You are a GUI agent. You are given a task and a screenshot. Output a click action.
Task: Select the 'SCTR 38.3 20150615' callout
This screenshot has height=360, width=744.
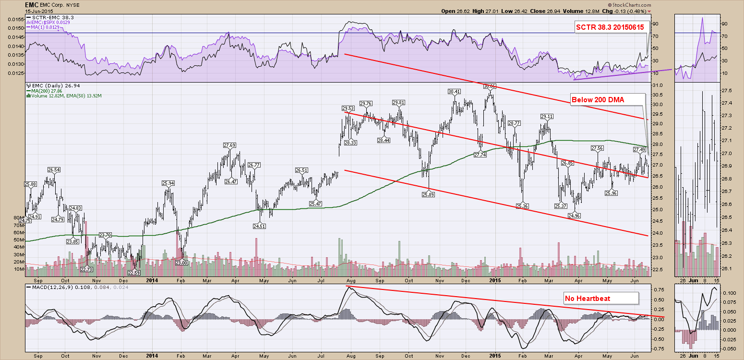pyautogui.click(x=612, y=28)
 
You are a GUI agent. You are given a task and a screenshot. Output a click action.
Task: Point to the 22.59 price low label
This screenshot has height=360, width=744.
pyautogui.click(x=134, y=273)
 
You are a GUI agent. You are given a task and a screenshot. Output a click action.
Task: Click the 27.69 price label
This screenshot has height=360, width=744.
pyautogui.click(x=229, y=145)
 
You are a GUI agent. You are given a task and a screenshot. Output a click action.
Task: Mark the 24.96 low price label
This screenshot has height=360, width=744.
pyautogui.click(x=574, y=216)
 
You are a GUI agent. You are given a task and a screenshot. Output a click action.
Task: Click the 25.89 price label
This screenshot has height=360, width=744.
pyautogui.click(x=428, y=194)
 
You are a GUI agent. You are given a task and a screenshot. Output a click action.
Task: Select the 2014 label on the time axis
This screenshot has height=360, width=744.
pyautogui.click(x=152, y=280)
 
